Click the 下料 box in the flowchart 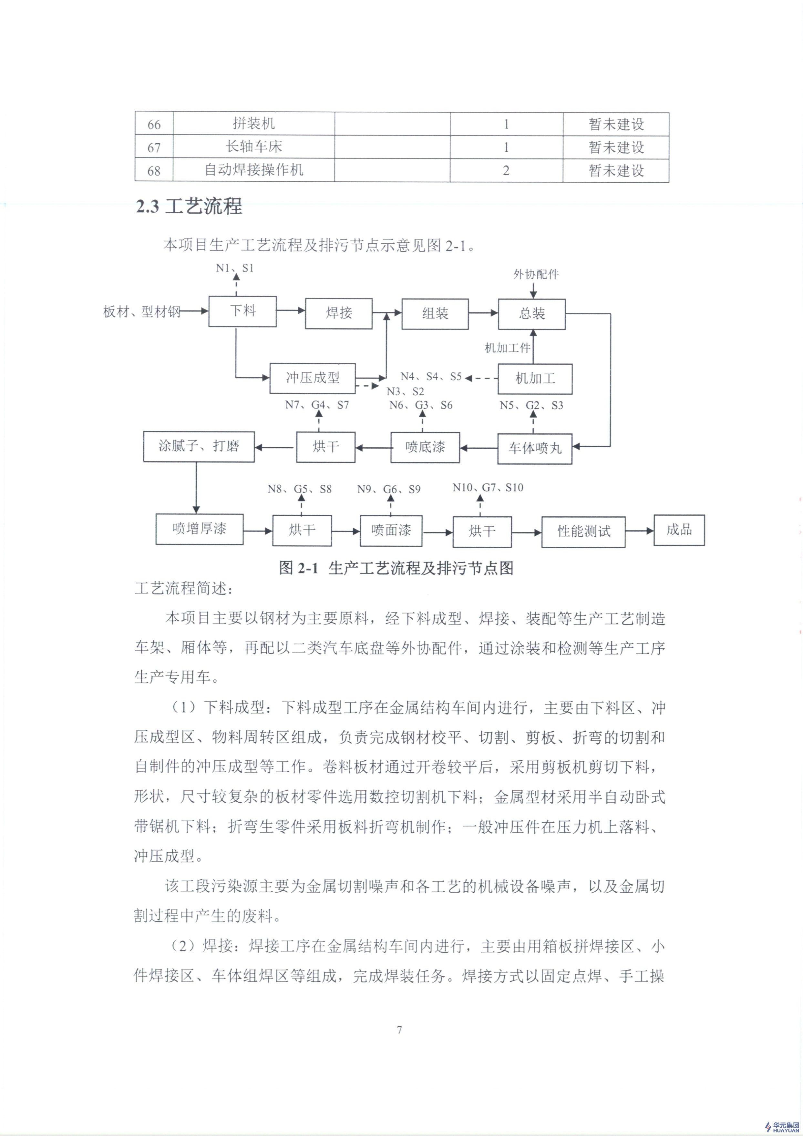click(242, 311)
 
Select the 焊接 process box click(339, 313)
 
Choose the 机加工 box click(535, 379)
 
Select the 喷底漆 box click(425, 447)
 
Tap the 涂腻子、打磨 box click(199, 446)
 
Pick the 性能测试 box click(583, 532)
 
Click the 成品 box click(679, 530)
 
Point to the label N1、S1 click(235, 268)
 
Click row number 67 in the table click(154, 147)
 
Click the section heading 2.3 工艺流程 click(189, 206)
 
